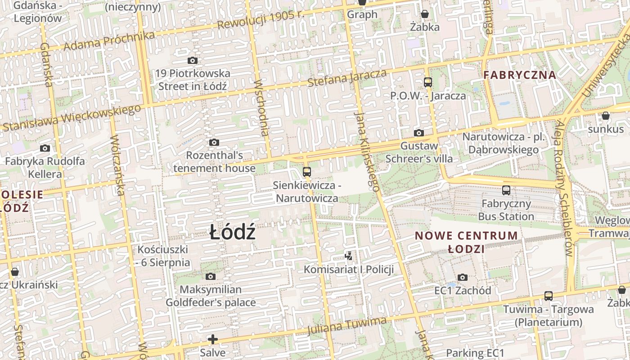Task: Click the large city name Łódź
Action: click(233, 233)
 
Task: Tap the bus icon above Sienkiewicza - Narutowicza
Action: click(307, 171)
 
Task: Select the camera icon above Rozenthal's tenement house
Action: click(214, 143)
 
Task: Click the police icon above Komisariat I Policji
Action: click(348, 256)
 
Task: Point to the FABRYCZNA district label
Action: click(520, 75)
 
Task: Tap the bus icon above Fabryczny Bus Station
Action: click(506, 190)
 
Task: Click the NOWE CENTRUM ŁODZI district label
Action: click(466, 242)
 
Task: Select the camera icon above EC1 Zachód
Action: click(463, 277)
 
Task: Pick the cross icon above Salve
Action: click(213, 339)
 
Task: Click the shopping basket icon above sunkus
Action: click(606, 116)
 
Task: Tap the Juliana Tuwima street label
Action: click(346, 326)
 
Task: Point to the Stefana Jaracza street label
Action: click(347, 78)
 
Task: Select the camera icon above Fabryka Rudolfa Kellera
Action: click(45, 148)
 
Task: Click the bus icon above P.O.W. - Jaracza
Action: click(428, 82)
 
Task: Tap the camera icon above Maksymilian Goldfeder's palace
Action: click(211, 276)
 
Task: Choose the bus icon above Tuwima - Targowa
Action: click(549, 296)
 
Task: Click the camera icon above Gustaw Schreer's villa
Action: click(419, 133)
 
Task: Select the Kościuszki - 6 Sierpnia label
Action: click(163, 256)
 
